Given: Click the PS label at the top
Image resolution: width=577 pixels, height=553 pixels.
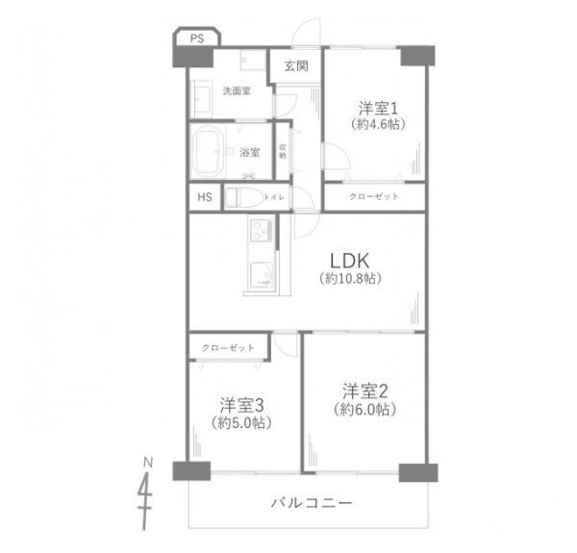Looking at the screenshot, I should coord(196,38).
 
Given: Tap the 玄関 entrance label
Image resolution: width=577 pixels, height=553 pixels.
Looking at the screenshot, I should coord(296,66).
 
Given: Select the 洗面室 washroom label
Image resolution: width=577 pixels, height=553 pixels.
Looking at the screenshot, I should coord(237,91).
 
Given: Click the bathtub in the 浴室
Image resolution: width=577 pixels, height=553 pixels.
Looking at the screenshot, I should coord(211,150).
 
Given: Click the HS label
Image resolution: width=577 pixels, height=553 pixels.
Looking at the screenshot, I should coord(205,198).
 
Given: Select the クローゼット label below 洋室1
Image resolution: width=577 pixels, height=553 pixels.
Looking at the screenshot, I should coord(373,197).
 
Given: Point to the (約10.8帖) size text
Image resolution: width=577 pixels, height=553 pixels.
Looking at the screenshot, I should coord(351,278).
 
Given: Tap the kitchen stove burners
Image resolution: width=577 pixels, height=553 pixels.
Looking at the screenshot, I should coord(261,232).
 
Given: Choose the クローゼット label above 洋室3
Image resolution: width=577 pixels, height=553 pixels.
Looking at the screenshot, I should coord(229,347).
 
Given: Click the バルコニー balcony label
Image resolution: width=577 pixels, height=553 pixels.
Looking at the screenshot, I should coord(312,503).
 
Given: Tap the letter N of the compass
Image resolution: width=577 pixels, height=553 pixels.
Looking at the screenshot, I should coord(147,463).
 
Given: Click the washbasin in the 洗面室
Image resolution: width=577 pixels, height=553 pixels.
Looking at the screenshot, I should coord(204,97).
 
